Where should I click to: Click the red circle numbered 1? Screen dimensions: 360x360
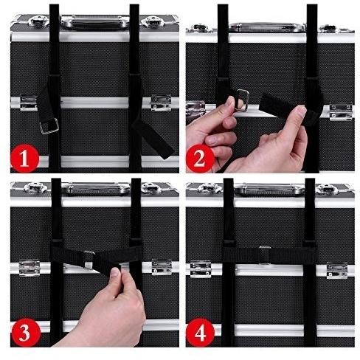[24, 159]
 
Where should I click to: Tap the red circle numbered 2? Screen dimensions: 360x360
[200, 159]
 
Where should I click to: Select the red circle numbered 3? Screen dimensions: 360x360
[25, 333]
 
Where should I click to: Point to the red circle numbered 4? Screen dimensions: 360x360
[201, 333]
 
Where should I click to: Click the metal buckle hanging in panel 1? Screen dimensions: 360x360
[49, 126]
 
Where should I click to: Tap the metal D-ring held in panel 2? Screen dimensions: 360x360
[242, 100]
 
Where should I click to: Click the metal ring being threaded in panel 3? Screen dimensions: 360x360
[89, 260]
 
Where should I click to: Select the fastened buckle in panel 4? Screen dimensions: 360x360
[265, 255]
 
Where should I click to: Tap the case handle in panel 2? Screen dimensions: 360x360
[266, 27]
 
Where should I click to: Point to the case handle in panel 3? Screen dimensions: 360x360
[96, 188]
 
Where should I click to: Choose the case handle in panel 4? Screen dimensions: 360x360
[269, 189]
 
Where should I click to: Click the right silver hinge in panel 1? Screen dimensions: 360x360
[161, 103]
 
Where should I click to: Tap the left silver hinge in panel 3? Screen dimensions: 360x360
[30, 267]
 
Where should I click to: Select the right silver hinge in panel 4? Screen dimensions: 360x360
[337, 270]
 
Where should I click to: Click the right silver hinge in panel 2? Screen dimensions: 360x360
[341, 112]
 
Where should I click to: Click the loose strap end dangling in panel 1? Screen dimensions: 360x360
[153, 138]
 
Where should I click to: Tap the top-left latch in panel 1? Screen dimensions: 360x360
[39, 21]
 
